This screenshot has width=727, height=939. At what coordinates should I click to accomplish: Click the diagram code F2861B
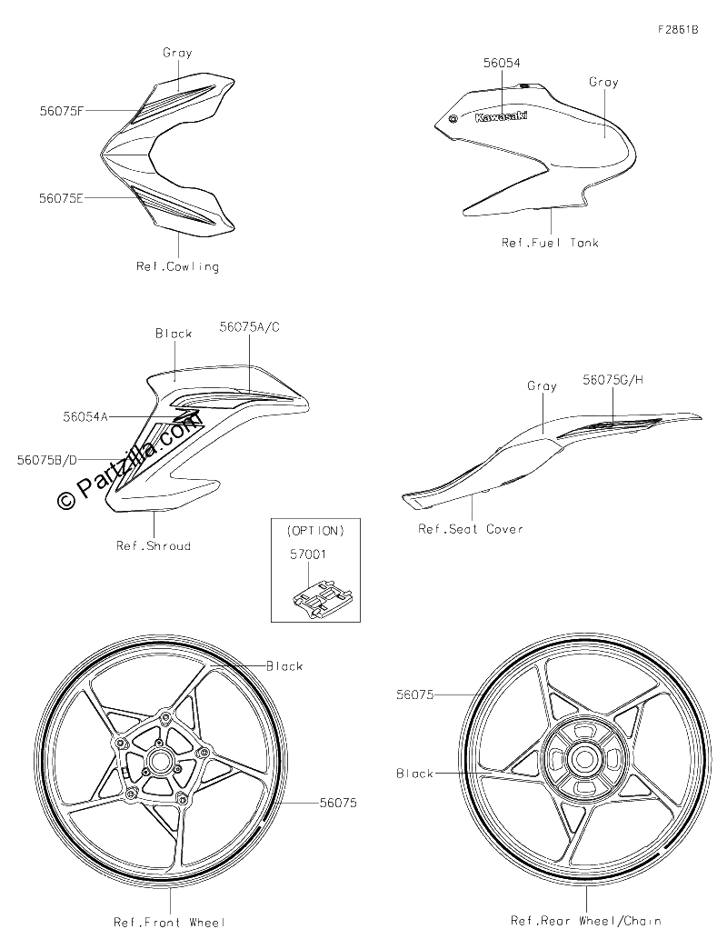[678, 29]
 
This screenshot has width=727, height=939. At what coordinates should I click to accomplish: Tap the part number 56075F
[62, 111]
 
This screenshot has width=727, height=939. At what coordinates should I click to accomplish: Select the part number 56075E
[61, 198]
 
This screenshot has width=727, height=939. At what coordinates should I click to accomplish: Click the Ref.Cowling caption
[177, 266]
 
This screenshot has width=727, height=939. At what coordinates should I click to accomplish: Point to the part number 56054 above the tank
[502, 63]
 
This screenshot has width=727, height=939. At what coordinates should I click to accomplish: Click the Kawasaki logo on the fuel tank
[502, 116]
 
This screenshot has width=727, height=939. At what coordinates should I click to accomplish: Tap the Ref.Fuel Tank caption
[550, 243]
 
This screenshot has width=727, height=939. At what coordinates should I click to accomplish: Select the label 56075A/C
[249, 327]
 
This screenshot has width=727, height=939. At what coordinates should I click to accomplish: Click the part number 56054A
[85, 417]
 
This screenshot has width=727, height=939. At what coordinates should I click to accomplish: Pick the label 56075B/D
[47, 460]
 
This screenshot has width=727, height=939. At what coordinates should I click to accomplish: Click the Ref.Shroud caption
[154, 545]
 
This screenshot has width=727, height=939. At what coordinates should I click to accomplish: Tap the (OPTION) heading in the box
[315, 531]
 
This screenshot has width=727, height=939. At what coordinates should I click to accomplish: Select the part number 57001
[308, 554]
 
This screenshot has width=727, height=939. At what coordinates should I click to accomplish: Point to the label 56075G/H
[613, 380]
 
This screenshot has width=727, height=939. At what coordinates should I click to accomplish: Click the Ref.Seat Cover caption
[471, 529]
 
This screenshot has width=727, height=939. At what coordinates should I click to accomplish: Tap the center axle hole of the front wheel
[161, 761]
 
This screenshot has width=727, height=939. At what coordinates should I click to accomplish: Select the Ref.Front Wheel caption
[169, 923]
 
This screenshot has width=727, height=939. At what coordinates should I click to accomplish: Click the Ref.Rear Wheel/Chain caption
[585, 921]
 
